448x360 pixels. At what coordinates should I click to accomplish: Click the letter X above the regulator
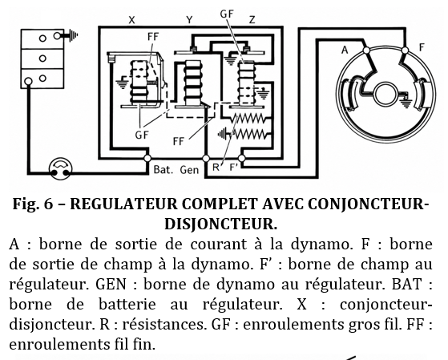(131, 20)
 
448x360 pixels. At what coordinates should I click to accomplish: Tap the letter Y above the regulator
(189, 20)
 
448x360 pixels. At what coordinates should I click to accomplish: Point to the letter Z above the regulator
(252, 20)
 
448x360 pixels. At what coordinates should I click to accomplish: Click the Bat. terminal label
(163, 169)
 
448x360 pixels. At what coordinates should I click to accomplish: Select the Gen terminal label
(189, 170)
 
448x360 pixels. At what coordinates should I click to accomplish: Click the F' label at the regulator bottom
(234, 167)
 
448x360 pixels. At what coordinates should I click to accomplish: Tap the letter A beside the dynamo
(345, 50)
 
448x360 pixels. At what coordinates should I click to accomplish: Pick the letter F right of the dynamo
(422, 47)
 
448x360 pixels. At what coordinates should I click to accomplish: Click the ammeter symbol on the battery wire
(61, 168)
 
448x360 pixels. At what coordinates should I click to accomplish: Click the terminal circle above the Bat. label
(147, 158)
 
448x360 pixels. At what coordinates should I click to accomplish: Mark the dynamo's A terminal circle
(366, 51)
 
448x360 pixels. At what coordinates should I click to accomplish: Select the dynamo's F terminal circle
(405, 51)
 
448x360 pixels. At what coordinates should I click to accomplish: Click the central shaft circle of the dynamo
(385, 95)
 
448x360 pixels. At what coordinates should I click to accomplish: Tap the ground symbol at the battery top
(71, 36)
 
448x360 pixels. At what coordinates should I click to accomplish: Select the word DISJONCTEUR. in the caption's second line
(221, 224)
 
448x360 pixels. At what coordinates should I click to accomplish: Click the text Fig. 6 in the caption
(33, 204)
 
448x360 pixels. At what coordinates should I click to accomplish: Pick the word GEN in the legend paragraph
(111, 284)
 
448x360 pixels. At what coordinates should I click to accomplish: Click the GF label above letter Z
(227, 14)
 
